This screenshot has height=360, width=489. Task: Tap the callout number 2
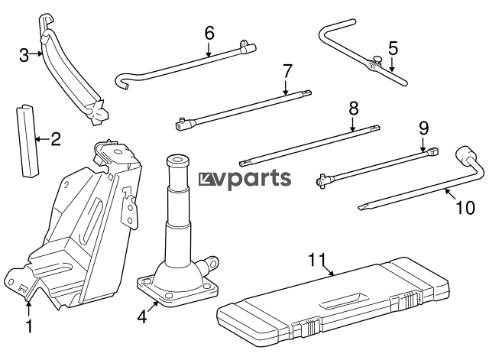tap(54, 139)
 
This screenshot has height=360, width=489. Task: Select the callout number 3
tap(24, 54)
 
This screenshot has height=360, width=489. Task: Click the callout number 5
tap(393, 49)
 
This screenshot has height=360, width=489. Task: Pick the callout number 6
tap(209, 34)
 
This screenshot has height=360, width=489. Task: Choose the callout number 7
tap(287, 71)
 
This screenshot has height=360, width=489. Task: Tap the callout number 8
tap(353, 109)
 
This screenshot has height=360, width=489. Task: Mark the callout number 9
tap(424, 128)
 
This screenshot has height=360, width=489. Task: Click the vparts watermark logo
tap(244, 179)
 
